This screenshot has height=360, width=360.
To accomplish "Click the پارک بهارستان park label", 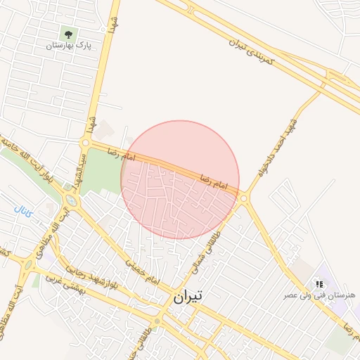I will click(69, 46).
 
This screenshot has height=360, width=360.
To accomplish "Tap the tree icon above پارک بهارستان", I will click(68, 33).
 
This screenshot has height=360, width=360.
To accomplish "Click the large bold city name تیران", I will click(187, 297).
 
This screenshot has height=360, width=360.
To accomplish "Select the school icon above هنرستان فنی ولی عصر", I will click(319, 284).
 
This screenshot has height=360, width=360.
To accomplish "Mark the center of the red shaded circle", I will click(180, 179).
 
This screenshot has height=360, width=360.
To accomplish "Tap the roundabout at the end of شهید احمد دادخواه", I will click(244, 199).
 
